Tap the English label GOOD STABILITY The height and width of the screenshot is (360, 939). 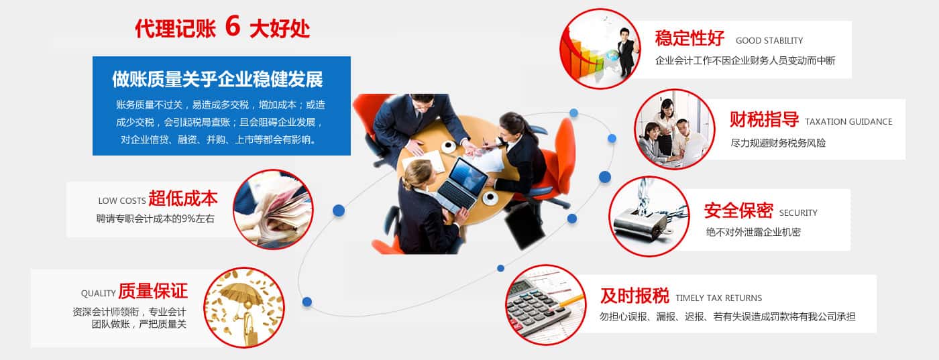(x=769, y=41)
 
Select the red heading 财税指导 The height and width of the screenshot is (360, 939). (x=764, y=119)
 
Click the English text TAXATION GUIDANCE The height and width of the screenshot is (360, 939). (x=848, y=122)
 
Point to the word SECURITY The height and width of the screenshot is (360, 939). (x=798, y=213)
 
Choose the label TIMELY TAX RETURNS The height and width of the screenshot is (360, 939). (x=718, y=298)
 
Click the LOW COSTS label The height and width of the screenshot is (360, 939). (x=122, y=200)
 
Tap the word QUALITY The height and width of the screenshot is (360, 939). (x=98, y=294)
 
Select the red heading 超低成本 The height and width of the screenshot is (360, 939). (x=183, y=198)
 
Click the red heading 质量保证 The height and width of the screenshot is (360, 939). (x=153, y=291)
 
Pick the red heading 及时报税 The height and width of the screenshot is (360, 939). (x=634, y=296)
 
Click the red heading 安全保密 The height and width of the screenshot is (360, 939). (x=738, y=211)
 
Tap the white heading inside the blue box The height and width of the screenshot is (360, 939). (x=217, y=79)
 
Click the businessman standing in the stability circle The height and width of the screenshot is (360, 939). (x=626, y=52)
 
